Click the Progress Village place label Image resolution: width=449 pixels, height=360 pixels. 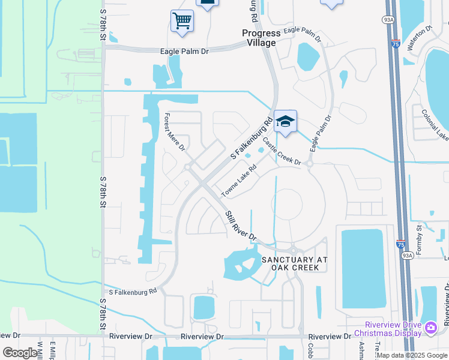click(x=259, y=38)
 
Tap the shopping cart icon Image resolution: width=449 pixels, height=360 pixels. click(x=182, y=22)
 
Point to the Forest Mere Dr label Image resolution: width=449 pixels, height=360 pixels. click(x=175, y=132)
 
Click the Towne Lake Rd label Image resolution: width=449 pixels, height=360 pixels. click(x=239, y=181)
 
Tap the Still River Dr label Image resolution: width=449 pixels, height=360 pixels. click(x=241, y=225)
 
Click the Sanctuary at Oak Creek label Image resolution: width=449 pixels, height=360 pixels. click(x=295, y=263)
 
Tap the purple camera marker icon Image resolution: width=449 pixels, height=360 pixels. click(x=430, y=328)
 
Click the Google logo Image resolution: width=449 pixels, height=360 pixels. click(x=20, y=353)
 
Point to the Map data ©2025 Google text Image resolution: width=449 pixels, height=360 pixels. click(x=412, y=355)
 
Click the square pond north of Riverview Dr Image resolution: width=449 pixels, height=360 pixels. click(x=203, y=308)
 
